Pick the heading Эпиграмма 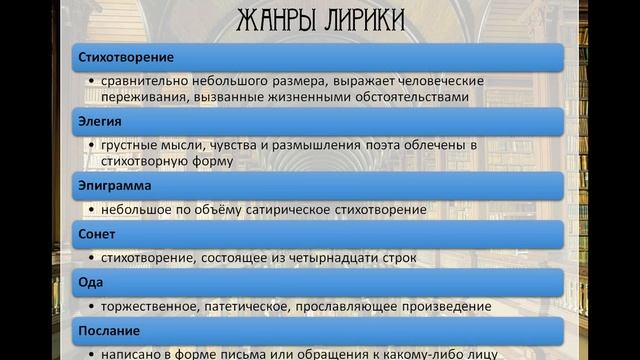coord(112,186)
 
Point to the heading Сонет coord(97,233)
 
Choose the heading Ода coord(90,281)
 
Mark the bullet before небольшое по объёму coord(92,210)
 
